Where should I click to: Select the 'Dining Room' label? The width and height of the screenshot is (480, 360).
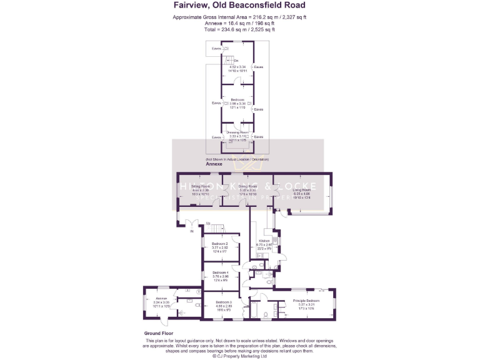click(x=247, y=186)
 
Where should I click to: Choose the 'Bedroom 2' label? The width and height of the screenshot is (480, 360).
click(x=219, y=243)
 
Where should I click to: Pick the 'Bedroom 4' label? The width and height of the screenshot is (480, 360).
click(x=219, y=272)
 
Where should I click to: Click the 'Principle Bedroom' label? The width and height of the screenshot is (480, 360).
click(x=306, y=301)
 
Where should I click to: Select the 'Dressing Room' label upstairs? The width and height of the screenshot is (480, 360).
click(x=237, y=132)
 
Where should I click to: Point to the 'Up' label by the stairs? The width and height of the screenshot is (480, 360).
click(x=207, y=224)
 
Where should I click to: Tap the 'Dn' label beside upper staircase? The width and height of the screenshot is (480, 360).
click(x=236, y=61)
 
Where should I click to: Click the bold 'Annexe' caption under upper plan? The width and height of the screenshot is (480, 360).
click(x=214, y=164)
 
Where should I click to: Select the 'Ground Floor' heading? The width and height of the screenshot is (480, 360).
click(x=158, y=334)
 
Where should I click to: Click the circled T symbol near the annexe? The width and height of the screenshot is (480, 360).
click(x=199, y=292)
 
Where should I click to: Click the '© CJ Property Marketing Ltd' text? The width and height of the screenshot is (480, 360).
click(x=240, y=356)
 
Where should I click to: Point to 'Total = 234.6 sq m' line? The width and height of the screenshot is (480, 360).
click(x=240, y=29)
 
